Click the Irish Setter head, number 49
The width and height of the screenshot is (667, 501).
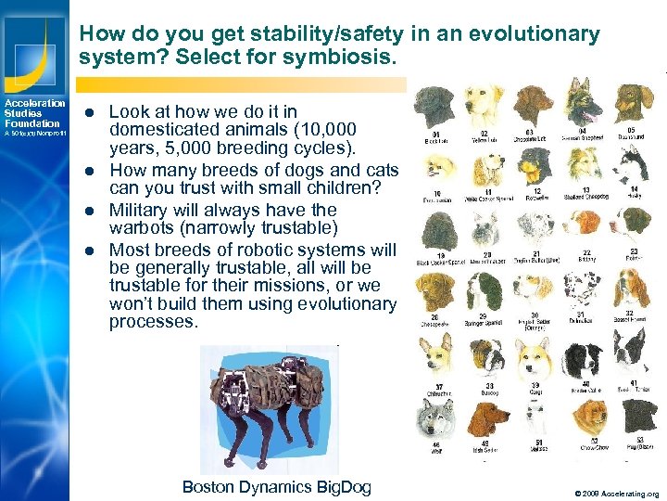(485, 417)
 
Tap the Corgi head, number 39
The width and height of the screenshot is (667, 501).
(535, 355)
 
